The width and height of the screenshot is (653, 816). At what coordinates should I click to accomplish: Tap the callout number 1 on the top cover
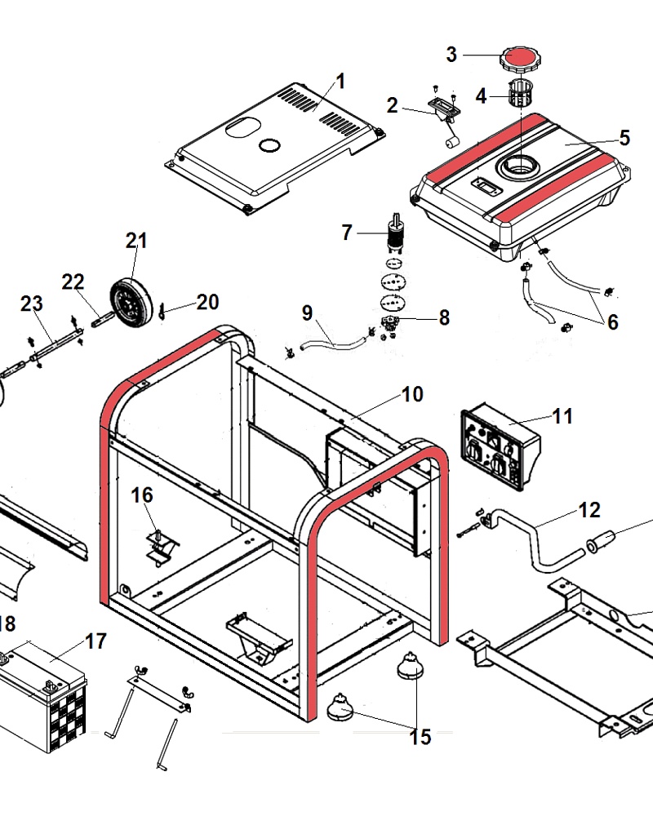point(340,82)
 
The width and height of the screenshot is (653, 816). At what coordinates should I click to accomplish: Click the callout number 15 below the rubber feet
point(420,737)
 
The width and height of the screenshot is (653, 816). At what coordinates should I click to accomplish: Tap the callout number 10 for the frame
point(411,394)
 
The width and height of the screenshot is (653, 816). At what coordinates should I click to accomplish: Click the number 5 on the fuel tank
point(624,137)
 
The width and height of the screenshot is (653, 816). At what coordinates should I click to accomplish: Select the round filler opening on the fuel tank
point(518,166)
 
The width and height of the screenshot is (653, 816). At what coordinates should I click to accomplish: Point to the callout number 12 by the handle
point(589,510)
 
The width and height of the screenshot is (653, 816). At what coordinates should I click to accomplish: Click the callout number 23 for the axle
point(31,304)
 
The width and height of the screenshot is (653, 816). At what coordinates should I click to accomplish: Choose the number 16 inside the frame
point(142,495)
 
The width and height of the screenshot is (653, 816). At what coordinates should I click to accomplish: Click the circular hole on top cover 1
point(267,145)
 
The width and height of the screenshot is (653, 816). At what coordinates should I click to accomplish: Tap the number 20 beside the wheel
point(207,302)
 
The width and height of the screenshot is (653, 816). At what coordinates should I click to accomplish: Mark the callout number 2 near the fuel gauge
point(393,104)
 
